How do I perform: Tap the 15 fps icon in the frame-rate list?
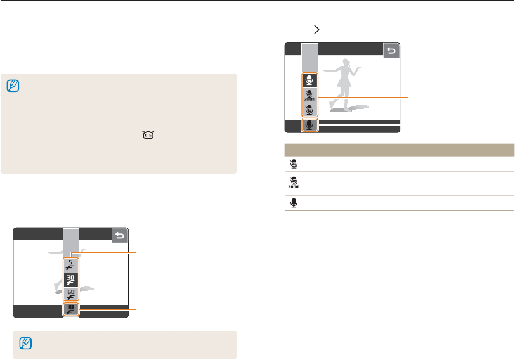tap(70, 264)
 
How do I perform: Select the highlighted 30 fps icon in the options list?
tap(70, 280)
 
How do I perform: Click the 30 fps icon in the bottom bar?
tap(70, 310)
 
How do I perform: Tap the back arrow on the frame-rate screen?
tap(120, 236)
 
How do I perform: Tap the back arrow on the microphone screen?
tap(391, 51)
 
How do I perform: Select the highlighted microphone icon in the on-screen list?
tap(310, 80)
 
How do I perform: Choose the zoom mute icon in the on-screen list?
tap(310, 95)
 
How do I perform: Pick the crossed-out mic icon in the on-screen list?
tap(310, 110)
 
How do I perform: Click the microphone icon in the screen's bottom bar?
tap(310, 125)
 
